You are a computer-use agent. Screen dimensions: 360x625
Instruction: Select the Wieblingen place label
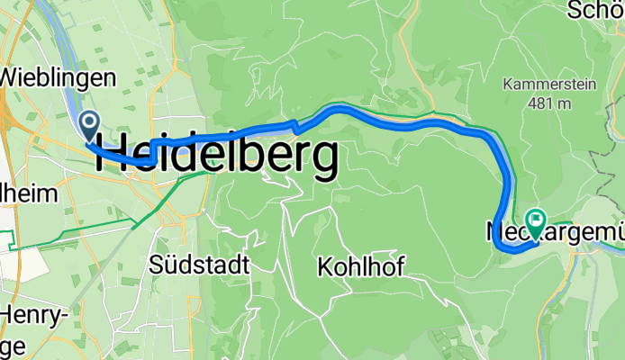tap(58, 76)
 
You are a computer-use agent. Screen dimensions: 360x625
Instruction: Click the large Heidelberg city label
tap(217, 157)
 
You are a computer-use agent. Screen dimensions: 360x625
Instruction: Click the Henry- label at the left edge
tap(33, 315)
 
